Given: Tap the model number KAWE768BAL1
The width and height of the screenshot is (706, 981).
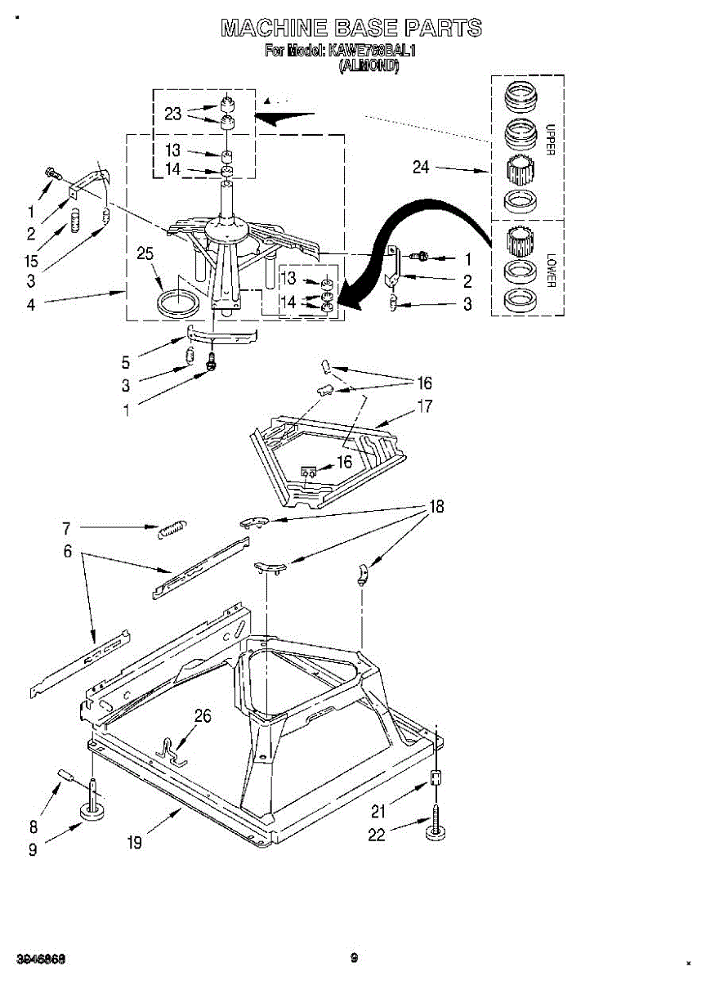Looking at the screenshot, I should [373, 52].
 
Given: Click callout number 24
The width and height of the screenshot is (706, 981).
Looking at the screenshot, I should [421, 168].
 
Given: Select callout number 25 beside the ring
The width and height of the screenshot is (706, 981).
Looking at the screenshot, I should [145, 254].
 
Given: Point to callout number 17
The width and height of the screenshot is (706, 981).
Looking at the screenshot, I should [425, 406].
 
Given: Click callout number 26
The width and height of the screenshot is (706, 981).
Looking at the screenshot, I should [203, 717].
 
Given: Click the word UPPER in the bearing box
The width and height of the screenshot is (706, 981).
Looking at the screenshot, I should [550, 140].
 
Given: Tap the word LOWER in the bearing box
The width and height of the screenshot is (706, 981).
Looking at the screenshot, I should [550, 267].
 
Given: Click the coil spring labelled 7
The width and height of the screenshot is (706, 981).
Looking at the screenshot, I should [172, 529].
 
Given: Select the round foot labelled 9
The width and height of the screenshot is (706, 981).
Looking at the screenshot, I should [95, 812].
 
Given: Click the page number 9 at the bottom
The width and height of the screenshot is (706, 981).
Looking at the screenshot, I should [354, 957].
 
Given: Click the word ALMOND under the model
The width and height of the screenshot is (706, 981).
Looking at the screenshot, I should [369, 68].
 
